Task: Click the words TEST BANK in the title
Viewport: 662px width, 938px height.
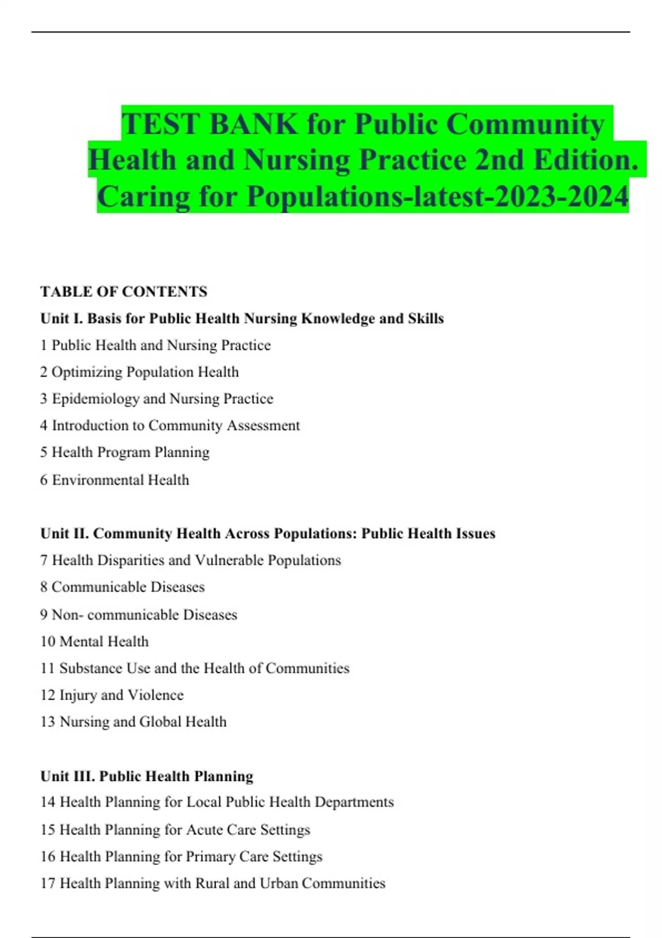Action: point(209,124)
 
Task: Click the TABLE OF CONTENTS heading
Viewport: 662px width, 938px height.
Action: point(124,291)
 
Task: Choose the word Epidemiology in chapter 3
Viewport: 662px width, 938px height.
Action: point(95,398)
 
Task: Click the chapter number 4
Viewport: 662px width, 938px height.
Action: point(44,425)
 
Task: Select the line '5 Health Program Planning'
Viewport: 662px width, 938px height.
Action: point(125,452)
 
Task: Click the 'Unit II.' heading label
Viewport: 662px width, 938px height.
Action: point(65,533)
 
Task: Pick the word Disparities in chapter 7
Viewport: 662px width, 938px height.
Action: point(130,560)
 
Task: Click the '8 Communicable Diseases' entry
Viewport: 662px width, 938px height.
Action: point(122,587)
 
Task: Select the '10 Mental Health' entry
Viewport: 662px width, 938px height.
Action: point(94,641)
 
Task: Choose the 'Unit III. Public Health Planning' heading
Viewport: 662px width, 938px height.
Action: point(147,776)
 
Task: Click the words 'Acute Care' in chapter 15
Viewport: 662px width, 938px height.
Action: point(221,829)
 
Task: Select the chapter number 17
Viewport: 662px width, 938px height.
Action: point(47,883)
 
